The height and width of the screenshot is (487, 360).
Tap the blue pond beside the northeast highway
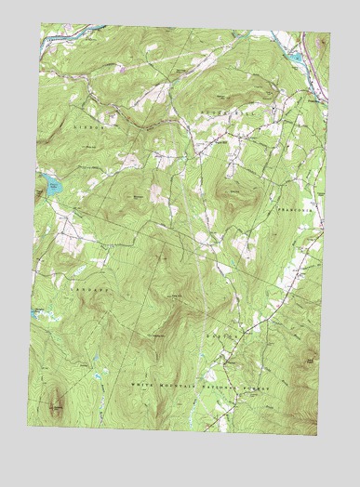click(296, 58)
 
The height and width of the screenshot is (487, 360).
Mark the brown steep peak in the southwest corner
click(56, 402)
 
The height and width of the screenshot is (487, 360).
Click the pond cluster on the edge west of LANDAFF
click(38, 309)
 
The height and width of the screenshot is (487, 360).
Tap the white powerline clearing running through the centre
click(197, 242)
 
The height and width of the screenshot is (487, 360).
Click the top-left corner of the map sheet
click(42, 25)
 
